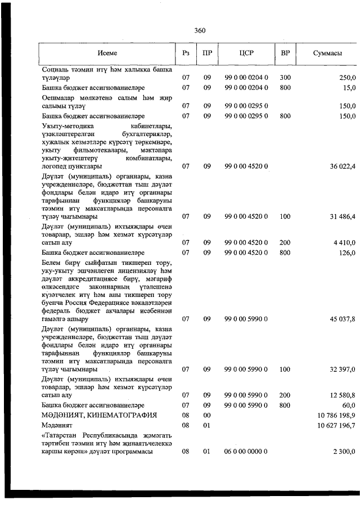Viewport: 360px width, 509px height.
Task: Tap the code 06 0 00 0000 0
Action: (246, 451)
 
